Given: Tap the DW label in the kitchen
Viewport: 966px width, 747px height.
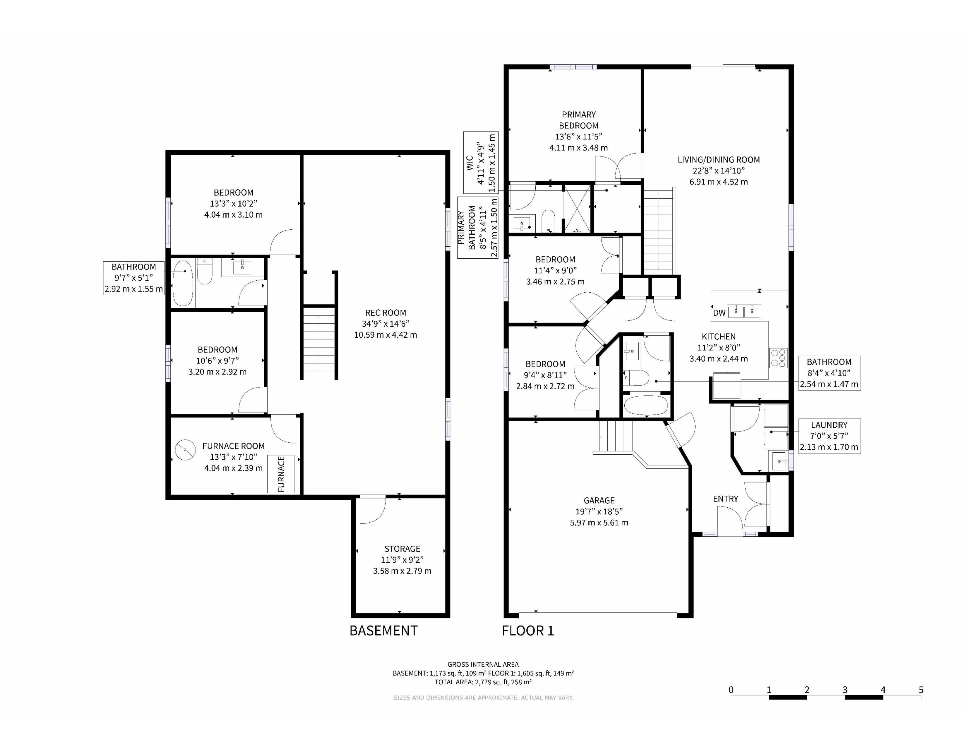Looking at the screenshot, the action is [x=719, y=313].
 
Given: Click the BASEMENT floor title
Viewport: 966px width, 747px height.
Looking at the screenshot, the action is [x=383, y=631].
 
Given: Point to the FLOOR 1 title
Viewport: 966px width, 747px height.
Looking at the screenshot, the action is [x=528, y=631].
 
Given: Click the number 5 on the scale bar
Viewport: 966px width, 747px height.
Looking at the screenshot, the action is [x=921, y=690].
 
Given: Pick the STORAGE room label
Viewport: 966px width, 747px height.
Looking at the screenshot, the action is [x=402, y=548].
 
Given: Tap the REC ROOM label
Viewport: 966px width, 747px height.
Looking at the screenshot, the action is [x=385, y=313].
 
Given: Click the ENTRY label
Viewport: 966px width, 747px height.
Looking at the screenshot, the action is [x=725, y=499].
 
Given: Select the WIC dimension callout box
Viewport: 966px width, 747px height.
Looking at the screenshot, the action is [x=481, y=162].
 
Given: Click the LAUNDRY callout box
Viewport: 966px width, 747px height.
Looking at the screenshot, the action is [x=829, y=436].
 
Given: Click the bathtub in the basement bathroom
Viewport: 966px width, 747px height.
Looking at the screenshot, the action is [x=183, y=283].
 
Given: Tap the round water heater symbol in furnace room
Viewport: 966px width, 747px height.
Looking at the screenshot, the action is [x=185, y=450].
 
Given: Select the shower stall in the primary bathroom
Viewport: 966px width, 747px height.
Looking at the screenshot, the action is [x=577, y=209].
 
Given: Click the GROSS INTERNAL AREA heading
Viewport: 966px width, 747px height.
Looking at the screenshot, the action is [x=483, y=664].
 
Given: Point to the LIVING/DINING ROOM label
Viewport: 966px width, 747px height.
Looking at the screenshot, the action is [x=719, y=159].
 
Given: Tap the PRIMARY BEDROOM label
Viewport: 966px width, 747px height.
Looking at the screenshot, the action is [x=578, y=120].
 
